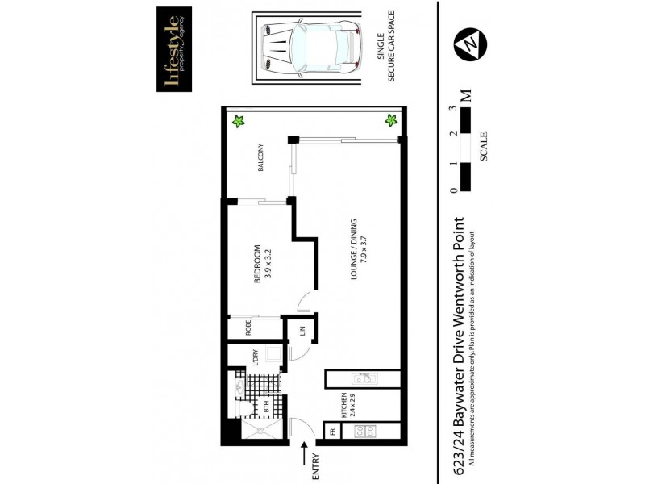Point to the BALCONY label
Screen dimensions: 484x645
pos(260,160)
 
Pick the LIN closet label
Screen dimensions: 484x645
pos(301,332)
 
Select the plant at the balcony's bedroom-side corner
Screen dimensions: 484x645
pos(238,122)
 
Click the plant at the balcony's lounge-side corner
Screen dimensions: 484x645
pos(390,121)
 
